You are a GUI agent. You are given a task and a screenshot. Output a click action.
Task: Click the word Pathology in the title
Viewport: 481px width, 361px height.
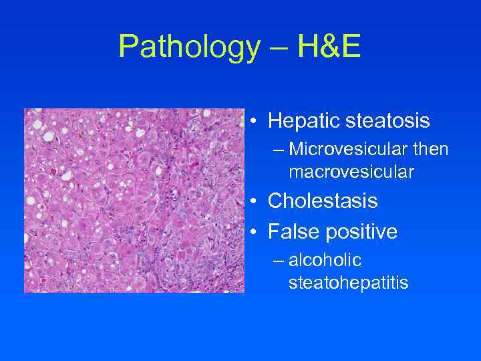pos(188,47)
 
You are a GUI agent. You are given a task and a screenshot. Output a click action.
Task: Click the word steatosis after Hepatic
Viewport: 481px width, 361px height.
pos(388,121)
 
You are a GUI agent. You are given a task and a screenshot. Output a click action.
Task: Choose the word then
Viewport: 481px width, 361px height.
pos(430,151)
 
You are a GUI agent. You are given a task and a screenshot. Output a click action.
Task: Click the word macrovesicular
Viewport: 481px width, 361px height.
pos(351,172)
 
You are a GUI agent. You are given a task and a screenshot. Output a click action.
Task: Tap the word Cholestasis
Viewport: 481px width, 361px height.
pos(323,201)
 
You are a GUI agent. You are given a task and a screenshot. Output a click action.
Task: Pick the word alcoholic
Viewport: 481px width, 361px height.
pos(325,262)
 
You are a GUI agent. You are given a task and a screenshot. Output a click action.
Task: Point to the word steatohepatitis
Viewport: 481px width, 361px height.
pos(348,283)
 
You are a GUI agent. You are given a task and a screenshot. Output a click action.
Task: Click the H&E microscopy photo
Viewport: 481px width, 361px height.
pos(134,201)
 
